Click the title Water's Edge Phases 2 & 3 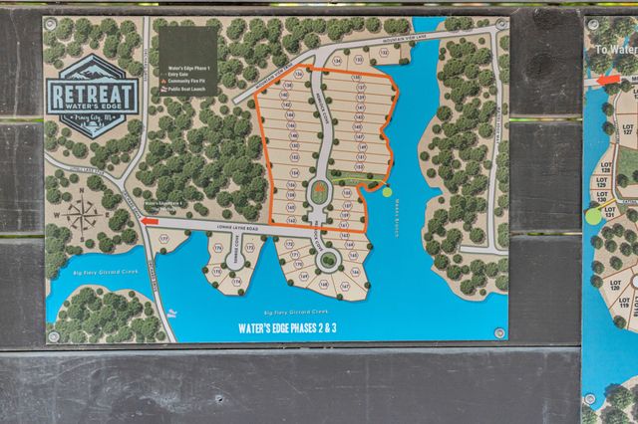pos(287,326)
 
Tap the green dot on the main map pos(387,192)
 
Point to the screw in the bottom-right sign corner pos(498,332)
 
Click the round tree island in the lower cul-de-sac pos(326,261)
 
